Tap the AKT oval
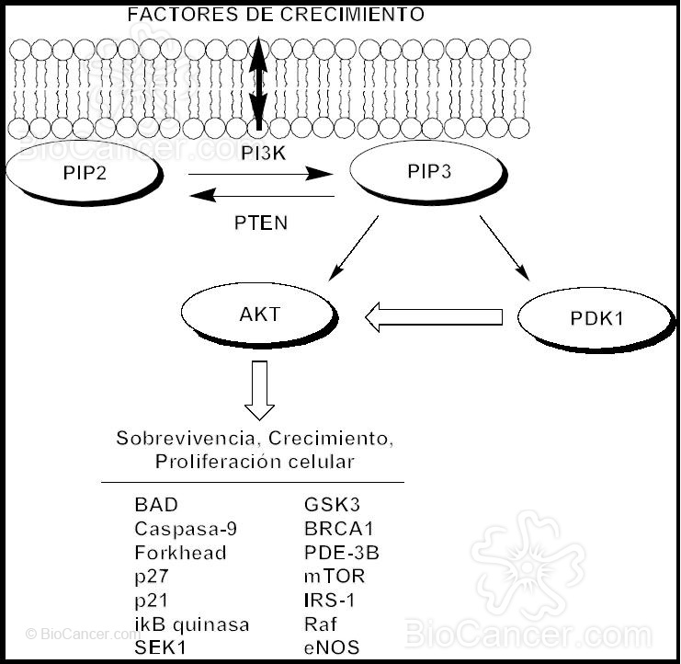tap(258, 314)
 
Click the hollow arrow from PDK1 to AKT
tap(433, 317)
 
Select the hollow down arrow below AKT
tap(260, 390)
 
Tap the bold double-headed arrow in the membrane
tap(260, 81)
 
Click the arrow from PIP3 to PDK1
tap(504, 247)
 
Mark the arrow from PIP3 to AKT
tap(352, 247)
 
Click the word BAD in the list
tap(156, 505)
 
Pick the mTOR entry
tap(335, 577)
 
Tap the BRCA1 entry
tap(339, 529)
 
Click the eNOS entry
tap(332, 647)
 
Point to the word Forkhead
tap(180, 553)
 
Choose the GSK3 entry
tap(331, 505)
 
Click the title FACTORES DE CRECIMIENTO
tap(276, 15)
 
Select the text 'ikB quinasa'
tap(191, 624)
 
